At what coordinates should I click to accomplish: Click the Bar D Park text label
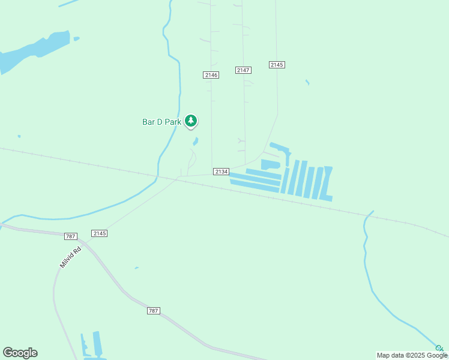161,122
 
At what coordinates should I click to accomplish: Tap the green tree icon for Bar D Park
191,121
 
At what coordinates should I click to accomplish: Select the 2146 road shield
211,75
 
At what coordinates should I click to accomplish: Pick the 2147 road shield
243,70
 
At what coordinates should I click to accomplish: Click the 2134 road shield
221,172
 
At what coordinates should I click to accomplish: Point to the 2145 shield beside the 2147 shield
277,65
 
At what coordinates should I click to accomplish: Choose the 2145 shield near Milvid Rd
100,233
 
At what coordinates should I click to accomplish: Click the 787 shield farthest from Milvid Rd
154,310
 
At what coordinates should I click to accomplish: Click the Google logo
20,353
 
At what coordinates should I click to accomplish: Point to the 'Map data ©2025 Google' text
412,355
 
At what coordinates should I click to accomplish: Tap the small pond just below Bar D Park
196,142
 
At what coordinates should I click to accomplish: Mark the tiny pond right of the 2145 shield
307,82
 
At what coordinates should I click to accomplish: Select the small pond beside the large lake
76,39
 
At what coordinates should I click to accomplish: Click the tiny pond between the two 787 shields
137,268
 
